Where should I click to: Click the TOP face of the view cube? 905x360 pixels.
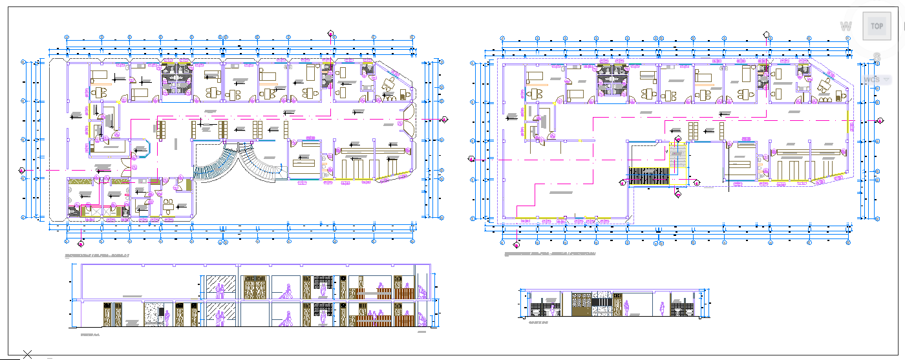click(x=877, y=26)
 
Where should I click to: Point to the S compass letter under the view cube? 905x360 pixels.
click(x=877, y=57)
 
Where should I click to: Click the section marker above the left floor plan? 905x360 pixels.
click(x=331, y=34)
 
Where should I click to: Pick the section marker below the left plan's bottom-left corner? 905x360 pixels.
click(x=81, y=244)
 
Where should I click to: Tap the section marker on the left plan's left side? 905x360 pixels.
click(x=22, y=170)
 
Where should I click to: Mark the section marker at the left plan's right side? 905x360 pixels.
click(x=445, y=120)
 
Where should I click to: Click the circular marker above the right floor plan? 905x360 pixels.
click(x=766, y=36)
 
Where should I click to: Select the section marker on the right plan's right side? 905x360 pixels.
click(x=880, y=121)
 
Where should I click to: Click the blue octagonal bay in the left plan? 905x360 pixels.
click(x=140, y=149)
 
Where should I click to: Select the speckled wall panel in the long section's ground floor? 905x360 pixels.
click(x=153, y=313)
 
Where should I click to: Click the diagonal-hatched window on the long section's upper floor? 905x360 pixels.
click(x=220, y=286)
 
